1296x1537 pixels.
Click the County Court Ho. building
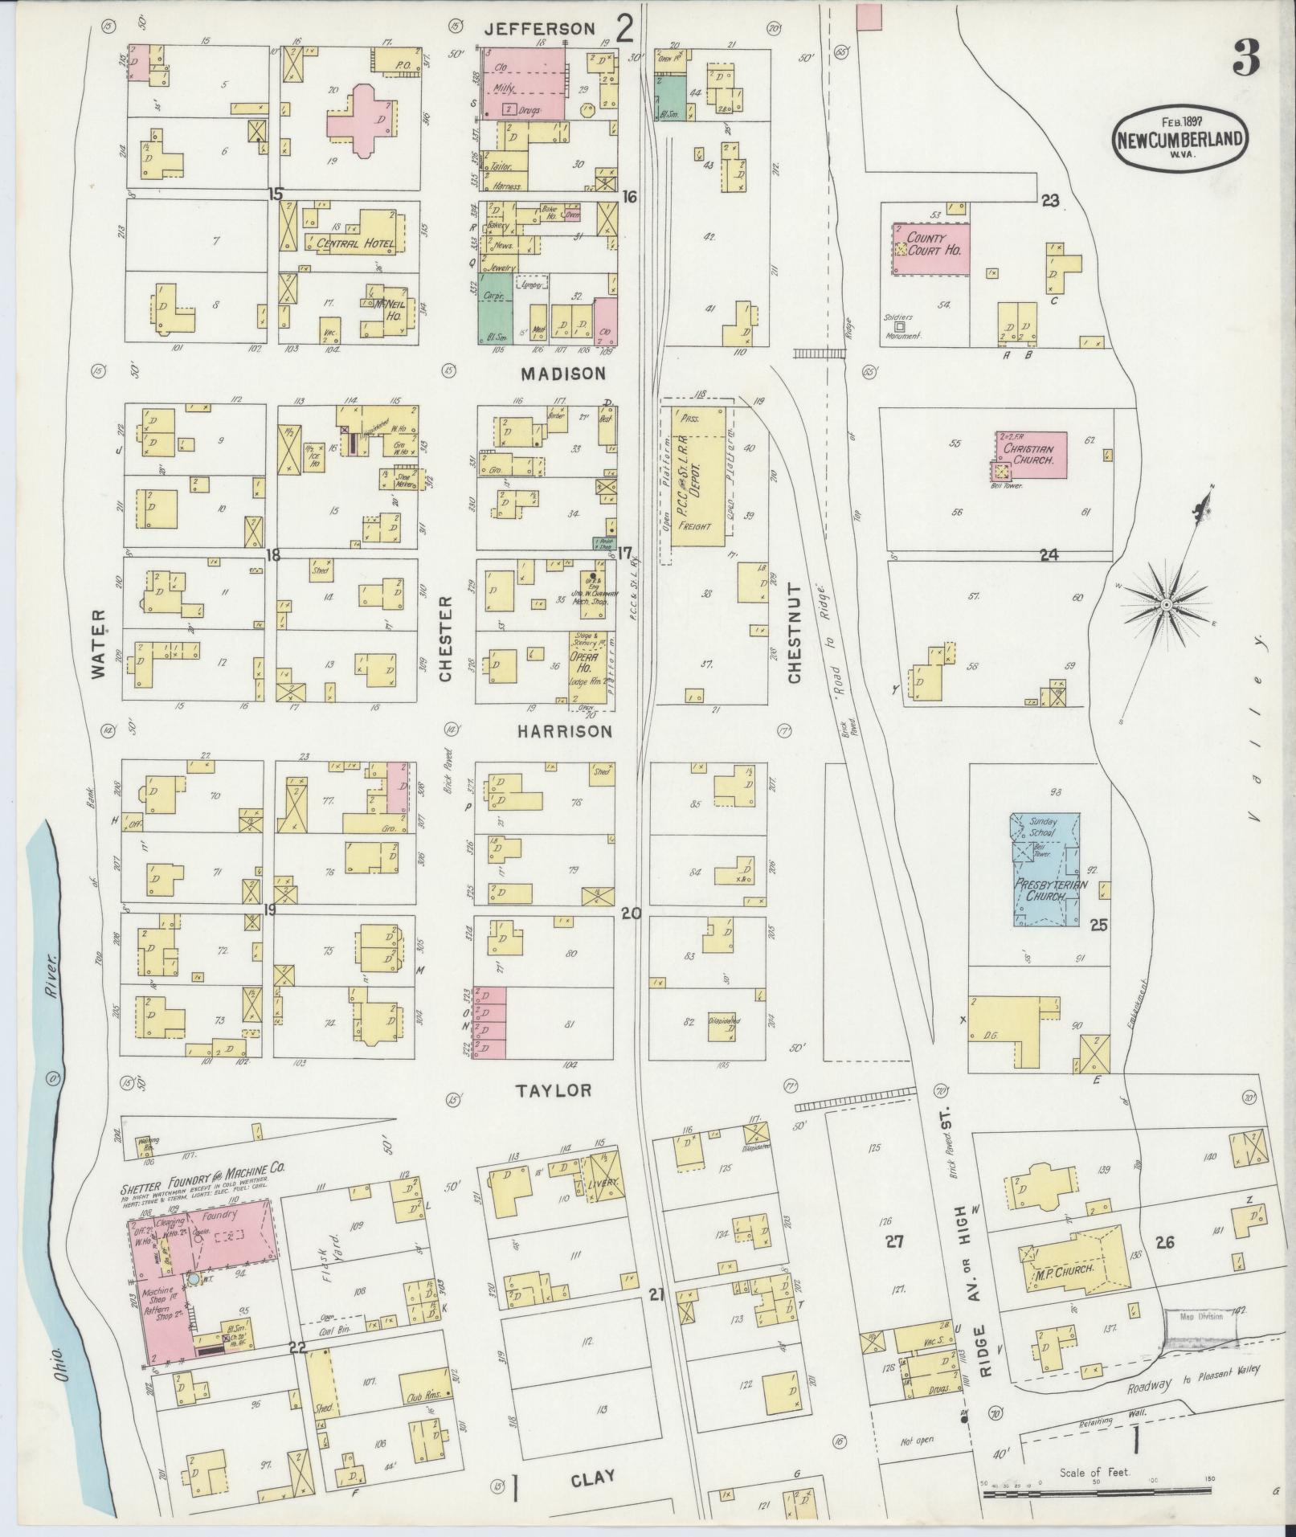click(930, 248)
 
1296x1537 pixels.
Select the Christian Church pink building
click(1032, 454)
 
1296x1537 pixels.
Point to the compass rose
click(1166, 603)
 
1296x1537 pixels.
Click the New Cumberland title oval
click(1179, 139)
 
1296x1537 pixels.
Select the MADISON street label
click(562, 374)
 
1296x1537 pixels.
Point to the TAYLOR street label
click(554, 1090)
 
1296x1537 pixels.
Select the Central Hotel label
click(350, 243)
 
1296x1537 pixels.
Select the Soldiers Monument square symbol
click(899, 327)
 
